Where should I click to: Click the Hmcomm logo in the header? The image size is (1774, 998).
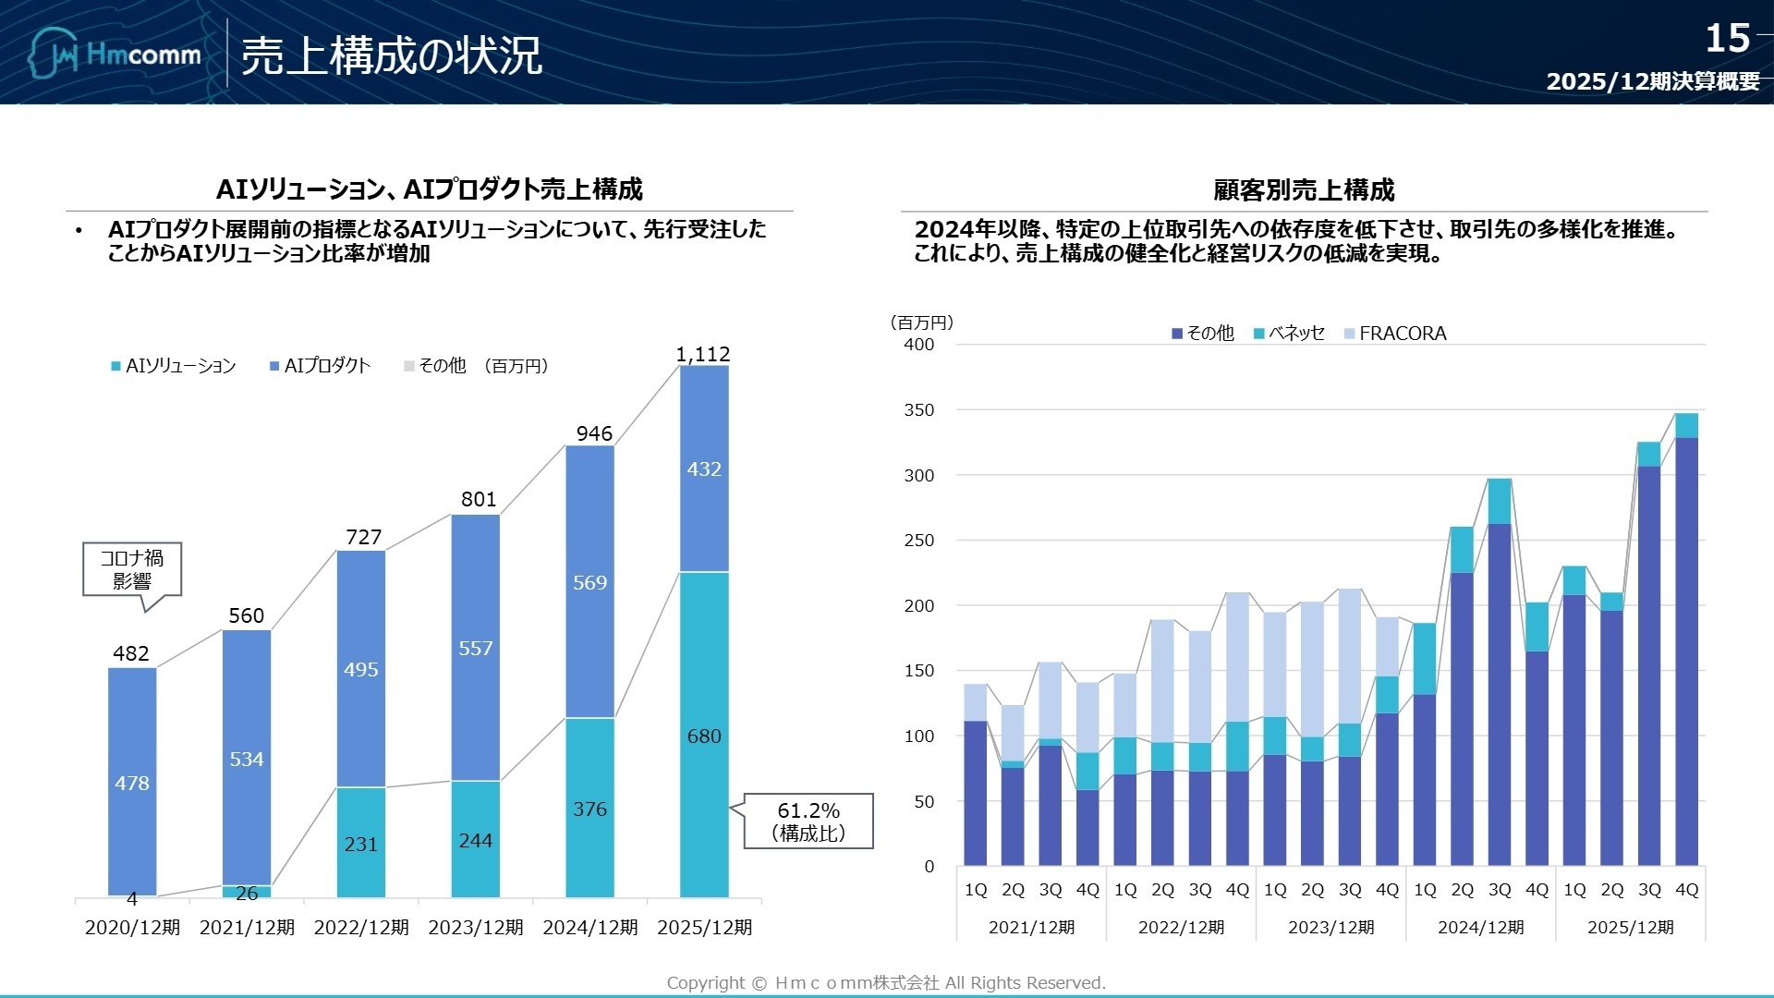(115, 54)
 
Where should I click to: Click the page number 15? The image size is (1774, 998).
(1727, 39)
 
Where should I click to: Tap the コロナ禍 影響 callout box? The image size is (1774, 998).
(132, 569)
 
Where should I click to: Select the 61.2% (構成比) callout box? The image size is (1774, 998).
(808, 821)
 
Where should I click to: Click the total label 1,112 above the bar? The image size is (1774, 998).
(703, 354)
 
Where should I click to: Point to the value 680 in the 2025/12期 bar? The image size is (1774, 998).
(704, 736)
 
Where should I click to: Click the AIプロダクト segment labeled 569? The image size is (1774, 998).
(589, 583)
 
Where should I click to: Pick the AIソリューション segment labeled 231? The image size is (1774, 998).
(360, 844)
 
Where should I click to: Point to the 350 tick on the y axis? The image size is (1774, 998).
(918, 410)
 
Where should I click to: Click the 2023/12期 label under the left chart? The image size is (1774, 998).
(476, 927)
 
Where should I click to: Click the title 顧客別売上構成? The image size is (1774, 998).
(1304, 190)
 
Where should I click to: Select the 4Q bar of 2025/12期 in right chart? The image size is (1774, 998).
(1686, 647)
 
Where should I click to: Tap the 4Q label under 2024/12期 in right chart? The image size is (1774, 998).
(1537, 889)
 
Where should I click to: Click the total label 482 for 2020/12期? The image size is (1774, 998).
(131, 653)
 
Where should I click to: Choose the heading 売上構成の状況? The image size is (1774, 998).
(391, 56)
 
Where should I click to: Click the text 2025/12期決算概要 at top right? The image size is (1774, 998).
(1653, 81)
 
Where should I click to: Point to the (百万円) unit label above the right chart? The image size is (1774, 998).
(922, 323)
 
